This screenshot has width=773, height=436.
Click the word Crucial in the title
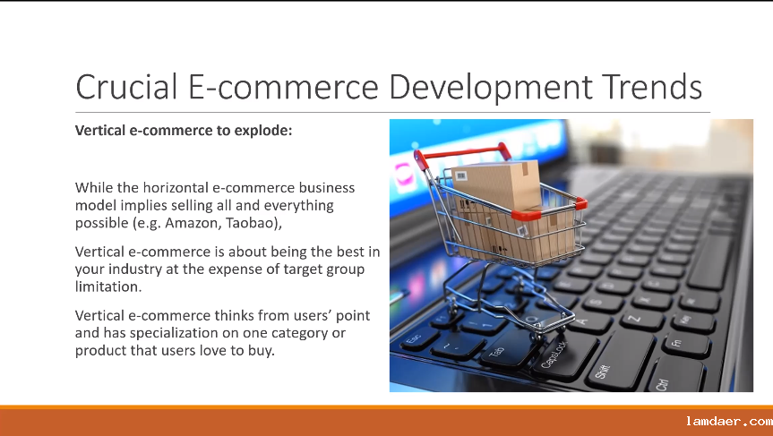126,87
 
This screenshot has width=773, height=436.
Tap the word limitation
108,286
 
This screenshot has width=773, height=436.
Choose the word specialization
174,334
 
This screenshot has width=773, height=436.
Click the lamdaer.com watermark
728,422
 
